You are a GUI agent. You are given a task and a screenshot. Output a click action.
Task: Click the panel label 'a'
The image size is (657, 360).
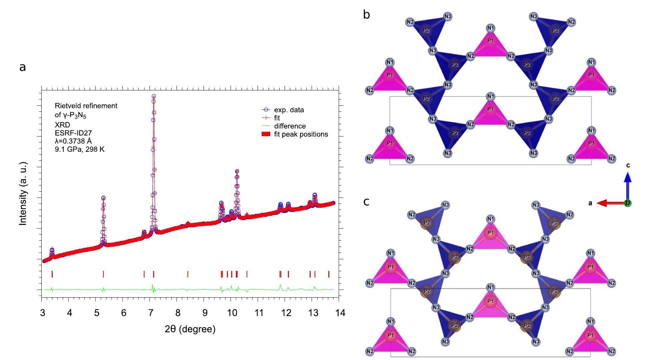pos(22,67)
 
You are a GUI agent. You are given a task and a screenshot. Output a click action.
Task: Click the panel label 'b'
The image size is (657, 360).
pos(366,15)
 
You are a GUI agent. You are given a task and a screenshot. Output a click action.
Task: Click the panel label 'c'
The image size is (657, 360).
pos(366,202)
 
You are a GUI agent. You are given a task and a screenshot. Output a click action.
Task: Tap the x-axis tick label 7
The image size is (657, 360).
pos(150,313)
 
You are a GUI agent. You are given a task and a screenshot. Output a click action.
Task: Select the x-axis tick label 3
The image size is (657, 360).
pos(42,313)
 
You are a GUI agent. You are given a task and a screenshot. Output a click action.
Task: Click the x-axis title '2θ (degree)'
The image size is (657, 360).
pos(190,329)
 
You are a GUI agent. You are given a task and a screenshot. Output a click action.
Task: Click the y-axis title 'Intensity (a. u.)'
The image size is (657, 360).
pos(23,194)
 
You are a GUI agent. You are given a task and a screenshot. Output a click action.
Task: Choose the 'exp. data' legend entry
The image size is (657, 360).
pos(289,110)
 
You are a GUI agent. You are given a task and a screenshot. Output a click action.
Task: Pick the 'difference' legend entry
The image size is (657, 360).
pos(290,126)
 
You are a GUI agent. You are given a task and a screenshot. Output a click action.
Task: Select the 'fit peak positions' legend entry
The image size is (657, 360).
pos(301,134)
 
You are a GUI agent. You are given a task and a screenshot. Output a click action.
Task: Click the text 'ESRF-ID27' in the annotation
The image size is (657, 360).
pos(73,133)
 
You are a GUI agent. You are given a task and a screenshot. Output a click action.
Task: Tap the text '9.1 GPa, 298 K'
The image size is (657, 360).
pos(79,149)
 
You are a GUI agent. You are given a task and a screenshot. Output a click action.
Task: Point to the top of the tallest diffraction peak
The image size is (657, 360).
pos(153,96)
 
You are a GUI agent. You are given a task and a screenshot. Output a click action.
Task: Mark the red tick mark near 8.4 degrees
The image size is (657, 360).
pos(188,274)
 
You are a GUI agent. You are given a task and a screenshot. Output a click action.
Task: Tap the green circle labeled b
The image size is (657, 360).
pos(628,203)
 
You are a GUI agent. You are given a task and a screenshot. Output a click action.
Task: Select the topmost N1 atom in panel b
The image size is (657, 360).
pos(490,28)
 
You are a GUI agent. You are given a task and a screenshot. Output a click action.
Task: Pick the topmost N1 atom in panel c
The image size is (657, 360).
pos(490,219)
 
